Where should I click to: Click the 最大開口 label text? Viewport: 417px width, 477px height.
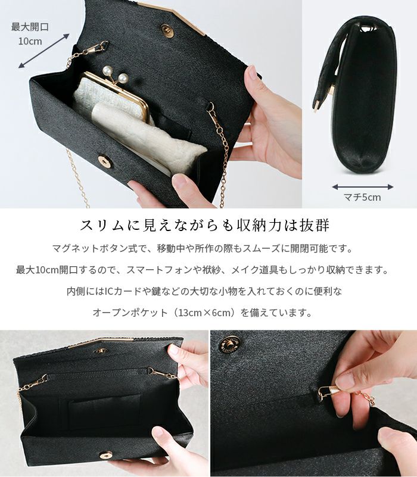pyautogui.click(x=30, y=27)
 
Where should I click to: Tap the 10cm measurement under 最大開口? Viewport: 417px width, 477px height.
pyautogui.click(x=30, y=41)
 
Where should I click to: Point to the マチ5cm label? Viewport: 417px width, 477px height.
pyautogui.click(x=362, y=197)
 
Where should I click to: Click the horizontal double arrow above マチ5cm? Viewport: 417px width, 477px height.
pyautogui.click(x=363, y=187)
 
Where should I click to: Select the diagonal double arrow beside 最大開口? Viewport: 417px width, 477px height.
pyautogui.click(x=44, y=51)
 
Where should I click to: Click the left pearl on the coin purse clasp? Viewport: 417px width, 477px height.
pyautogui.click(x=107, y=71)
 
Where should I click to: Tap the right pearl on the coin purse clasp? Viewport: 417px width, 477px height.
pyautogui.click(x=123, y=78)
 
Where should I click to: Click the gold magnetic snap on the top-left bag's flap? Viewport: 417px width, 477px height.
pyautogui.click(x=167, y=31)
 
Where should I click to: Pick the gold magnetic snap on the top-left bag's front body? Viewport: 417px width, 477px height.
pyautogui.click(x=105, y=161)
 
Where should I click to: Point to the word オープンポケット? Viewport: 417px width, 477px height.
pyautogui.click(x=130, y=313)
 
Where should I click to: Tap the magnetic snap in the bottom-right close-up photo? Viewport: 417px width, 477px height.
pyautogui.click(x=229, y=344)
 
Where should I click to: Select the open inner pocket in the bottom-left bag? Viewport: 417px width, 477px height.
pyautogui.click(x=105, y=408)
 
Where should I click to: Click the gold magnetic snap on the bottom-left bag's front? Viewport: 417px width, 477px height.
pyautogui.click(x=106, y=456)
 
